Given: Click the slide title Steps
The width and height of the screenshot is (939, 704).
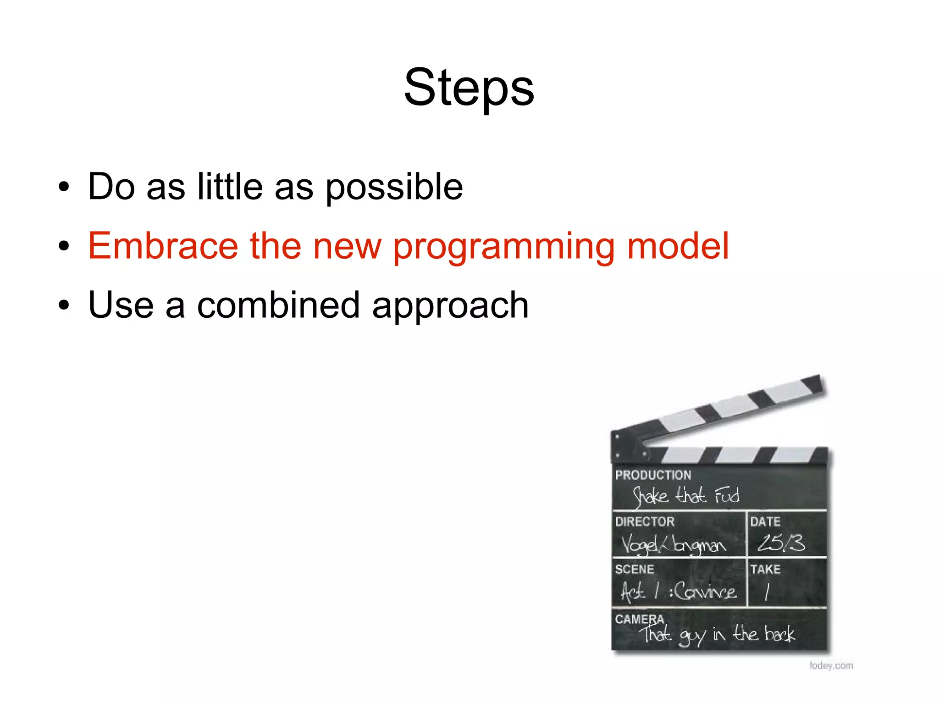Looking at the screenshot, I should (x=469, y=87).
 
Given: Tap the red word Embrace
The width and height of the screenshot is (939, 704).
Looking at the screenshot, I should (x=163, y=246).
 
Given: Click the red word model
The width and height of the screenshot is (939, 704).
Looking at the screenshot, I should (x=677, y=246).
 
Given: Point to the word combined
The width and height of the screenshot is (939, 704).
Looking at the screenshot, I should (x=278, y=305).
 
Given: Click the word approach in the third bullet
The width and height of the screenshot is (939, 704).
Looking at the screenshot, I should (x=450, y=306).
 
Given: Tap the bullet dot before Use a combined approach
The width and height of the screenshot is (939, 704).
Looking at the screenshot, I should (x=64, y=305).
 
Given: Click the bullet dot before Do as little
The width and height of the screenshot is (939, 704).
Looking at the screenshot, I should (x=64, y=187).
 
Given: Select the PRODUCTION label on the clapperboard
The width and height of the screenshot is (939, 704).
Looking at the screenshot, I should (x=652, y=475).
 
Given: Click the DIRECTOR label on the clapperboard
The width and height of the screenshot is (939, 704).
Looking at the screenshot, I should (x=644, y=521).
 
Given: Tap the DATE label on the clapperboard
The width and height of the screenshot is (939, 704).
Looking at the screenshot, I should (x=765, y=521).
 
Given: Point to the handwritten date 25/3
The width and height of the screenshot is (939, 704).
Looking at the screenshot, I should (x=780, y=543).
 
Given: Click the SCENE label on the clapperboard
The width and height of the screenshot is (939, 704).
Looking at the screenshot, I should (x=634, y=569).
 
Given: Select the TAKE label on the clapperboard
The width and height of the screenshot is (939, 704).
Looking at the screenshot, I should (x=765, y=569).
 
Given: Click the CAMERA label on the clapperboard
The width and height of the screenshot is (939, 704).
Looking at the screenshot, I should (x=639, y=619).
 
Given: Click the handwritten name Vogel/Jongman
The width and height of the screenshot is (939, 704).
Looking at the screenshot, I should (x=673, y=544).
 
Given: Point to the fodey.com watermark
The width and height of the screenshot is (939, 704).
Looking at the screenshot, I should (x=831, y=665).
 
